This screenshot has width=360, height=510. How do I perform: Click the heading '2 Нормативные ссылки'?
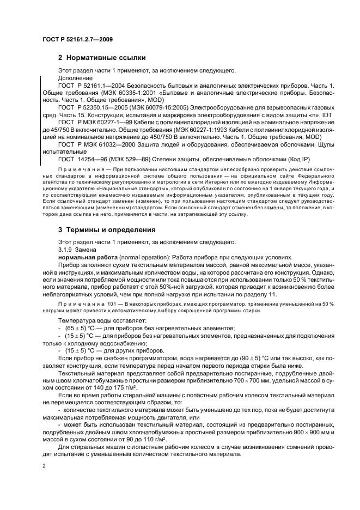pyautogui.click(x=101, y=58)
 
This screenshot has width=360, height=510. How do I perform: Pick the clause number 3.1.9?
pyautogui.click(x=66, y=251)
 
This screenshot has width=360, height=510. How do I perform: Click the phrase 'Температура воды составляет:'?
pyautogui.click(x=95, y=321)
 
